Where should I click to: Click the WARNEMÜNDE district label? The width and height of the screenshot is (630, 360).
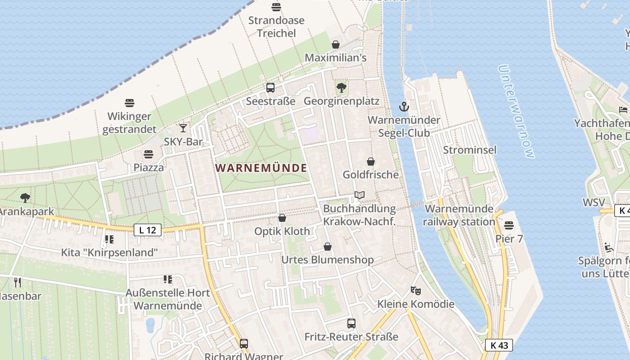click(261, 168)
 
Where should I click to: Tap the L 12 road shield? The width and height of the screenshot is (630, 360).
click(147, 230)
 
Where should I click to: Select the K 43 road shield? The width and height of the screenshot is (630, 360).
click(499, 345)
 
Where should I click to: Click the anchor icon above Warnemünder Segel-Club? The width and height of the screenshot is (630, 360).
click(404, 107)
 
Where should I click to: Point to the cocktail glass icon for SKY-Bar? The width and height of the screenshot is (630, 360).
click(183, 128)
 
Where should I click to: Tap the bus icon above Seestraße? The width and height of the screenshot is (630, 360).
click(270, 88)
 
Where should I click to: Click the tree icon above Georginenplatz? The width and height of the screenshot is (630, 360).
click(342, 88)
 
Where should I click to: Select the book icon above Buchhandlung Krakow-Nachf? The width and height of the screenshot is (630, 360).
click(359, 195)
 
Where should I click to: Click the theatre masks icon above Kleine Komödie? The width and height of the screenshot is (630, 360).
click(415, 291)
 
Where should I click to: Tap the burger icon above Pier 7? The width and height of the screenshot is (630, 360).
click(509, 225)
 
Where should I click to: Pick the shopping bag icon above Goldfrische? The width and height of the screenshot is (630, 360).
click(371, 161)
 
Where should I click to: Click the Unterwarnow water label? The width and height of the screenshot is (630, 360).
click(517, 112)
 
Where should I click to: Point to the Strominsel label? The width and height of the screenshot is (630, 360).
click(470, 150)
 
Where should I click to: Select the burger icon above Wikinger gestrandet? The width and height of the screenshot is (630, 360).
click(130, 103)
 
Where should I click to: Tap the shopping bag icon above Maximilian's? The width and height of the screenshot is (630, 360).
click(335, 45)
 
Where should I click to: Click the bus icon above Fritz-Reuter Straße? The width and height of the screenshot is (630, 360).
click(351, 323)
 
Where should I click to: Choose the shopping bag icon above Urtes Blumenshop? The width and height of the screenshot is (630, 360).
click(328, 247)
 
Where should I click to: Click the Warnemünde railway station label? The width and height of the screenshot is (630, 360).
click(459, 215)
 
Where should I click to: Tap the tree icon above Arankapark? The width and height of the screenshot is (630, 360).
click(25, 198)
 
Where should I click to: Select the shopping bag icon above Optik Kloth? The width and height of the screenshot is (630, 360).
click(282, 218)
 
